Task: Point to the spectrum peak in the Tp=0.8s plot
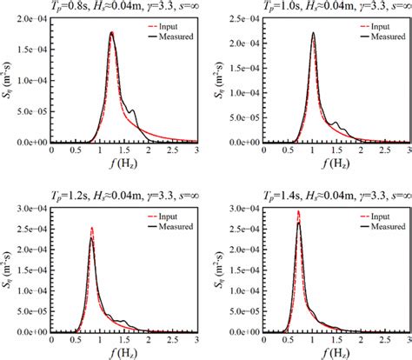112,34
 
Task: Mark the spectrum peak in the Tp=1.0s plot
314,33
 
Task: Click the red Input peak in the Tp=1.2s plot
91,228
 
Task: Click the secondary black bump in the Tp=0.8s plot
132,111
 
